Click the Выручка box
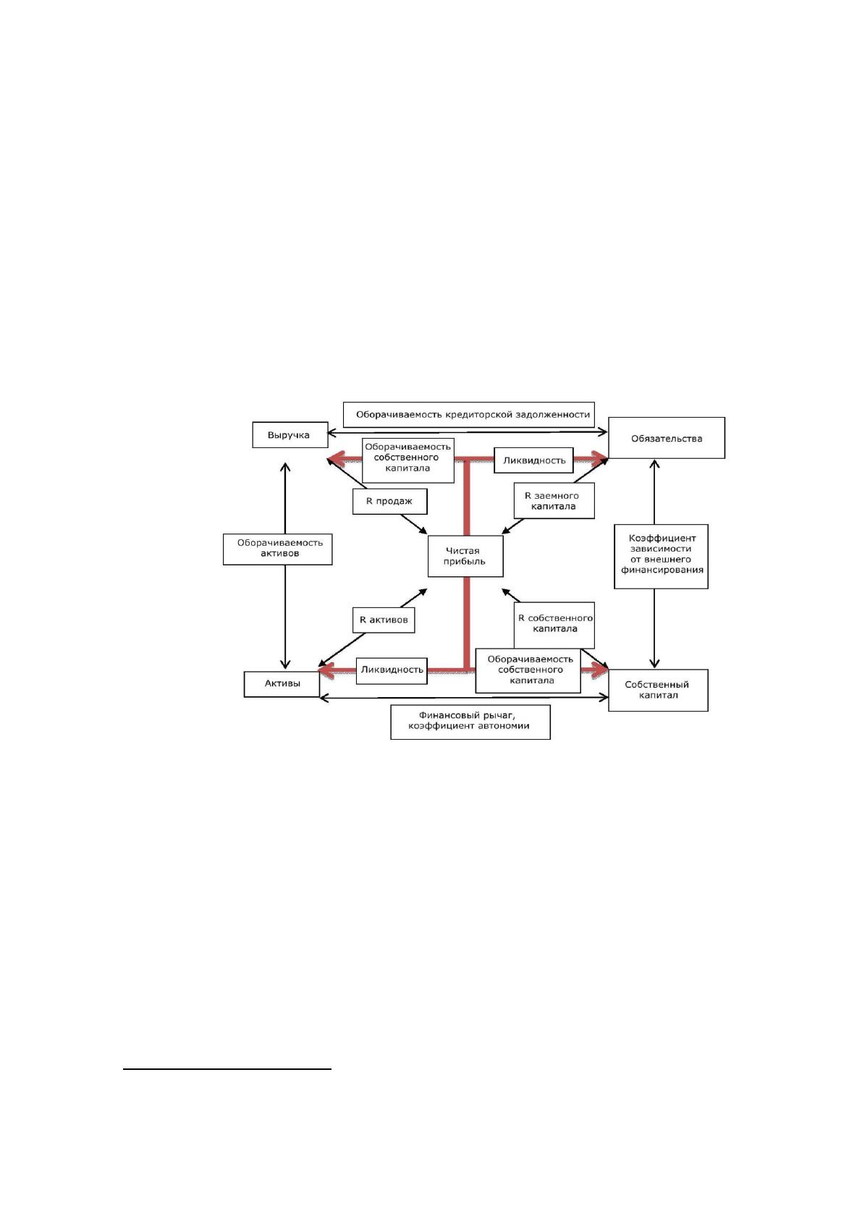pos(290,435)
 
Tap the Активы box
pos(282,683)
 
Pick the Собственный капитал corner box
pos(658,690)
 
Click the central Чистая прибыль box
pos(465,556)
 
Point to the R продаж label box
pos(389,501)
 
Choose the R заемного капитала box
pos(554,501)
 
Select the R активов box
pos(384,620)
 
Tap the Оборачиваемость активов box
pos(277,549)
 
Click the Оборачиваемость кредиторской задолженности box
pos(468,415)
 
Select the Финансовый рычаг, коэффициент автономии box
pos(470,722)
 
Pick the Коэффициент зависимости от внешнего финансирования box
pos(661,556)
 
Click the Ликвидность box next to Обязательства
pos(533,460)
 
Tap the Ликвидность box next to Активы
pos(392,670)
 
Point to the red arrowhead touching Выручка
pos(337,460)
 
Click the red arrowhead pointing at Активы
pos(328,672)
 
